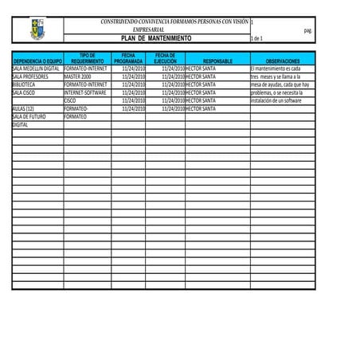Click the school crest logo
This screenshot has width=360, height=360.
[37, 30]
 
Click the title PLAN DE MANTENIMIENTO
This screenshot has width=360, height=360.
[155, 38]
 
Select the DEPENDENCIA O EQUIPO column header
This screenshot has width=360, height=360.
[37, 61]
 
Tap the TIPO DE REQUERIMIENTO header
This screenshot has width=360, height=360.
[87, 58]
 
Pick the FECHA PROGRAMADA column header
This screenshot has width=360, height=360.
[128, 58]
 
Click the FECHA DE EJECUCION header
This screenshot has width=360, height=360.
[165, 58]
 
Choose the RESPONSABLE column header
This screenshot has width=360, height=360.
[217, 61]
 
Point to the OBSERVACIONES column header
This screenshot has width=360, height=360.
[283, 61]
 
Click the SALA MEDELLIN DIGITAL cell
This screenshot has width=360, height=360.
[37, 68]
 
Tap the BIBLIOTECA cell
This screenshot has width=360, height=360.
[24, 84]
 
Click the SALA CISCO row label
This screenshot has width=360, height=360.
[24, 92]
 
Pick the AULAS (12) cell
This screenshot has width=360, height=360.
[23, 108]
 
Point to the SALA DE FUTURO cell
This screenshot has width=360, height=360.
[29, 116]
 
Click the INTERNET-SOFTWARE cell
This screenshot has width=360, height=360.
[85, 92]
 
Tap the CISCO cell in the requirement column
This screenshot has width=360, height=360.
[70, 100]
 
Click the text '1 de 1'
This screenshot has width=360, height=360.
[256, 38]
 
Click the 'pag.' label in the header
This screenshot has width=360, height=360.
[308, 30]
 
